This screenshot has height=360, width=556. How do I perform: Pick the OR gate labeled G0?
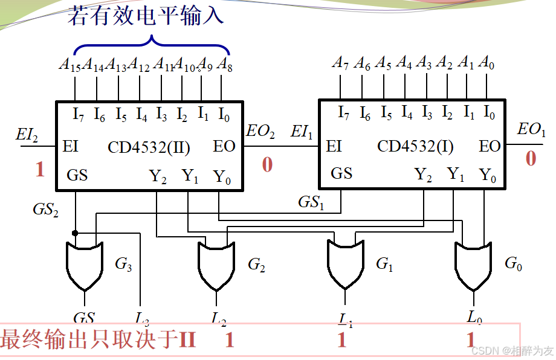tap(473, 264)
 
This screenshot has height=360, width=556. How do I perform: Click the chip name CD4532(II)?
tap(149, 147)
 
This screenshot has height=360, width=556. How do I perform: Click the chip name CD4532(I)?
tap(415, 146)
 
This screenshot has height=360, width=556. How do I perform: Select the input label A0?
tap(486, 62)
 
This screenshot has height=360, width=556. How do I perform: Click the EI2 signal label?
tap(27, 135)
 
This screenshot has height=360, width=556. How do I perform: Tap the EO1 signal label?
tap(531, 129)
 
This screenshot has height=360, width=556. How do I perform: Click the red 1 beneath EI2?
tap(40, 169)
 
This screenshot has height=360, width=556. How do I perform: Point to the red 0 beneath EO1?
tap(531, 158)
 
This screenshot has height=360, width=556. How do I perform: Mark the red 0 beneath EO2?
tap(267, 164)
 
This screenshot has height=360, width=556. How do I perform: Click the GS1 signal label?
tap(311, 202)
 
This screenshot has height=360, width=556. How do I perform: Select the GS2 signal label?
tap(46, 210)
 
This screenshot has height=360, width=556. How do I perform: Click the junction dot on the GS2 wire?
tap(75, 233)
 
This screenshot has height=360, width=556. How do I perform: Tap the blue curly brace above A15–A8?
tap(151, 45)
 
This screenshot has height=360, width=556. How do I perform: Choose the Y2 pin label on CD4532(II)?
tap(158, 176)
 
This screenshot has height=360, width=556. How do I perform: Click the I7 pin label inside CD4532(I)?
tap(343, 112)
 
